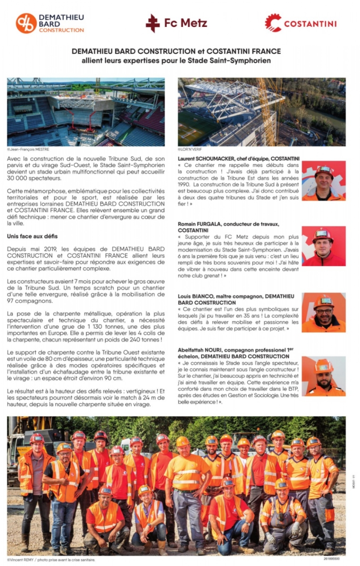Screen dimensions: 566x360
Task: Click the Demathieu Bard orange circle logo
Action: pyautogui.click(x=26, y=23)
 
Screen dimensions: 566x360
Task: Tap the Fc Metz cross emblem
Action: pyautogui.click(x=153, y=23)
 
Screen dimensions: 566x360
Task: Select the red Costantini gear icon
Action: pyautogui.click(x=273, y=23)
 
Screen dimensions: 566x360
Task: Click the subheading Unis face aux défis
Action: pyautogui.click(x=32, y=236)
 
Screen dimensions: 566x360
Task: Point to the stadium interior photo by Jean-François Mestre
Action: pyautogui.click(x=86, y=112)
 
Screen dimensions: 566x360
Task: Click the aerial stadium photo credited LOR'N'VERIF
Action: pyautogui.click(x=261, y=112)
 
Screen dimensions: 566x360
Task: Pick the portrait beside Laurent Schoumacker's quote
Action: pyautogui.click(x=324, y=181)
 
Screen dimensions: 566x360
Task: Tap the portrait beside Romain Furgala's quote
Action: pyautogui.click(x=324, y=246)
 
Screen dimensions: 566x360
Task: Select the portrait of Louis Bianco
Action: pyautogui.click(x=324, y=312)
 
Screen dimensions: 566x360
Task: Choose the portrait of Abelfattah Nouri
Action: pyautogui.click(x=324, y=376)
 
